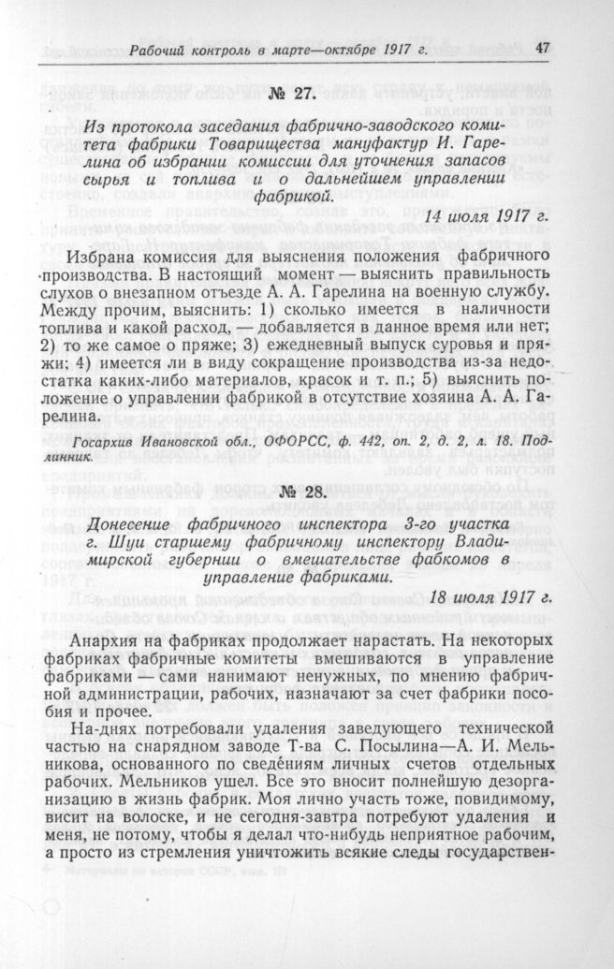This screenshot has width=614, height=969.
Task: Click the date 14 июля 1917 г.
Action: (489, 216)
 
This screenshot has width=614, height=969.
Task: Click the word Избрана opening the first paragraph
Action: (116, 257)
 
